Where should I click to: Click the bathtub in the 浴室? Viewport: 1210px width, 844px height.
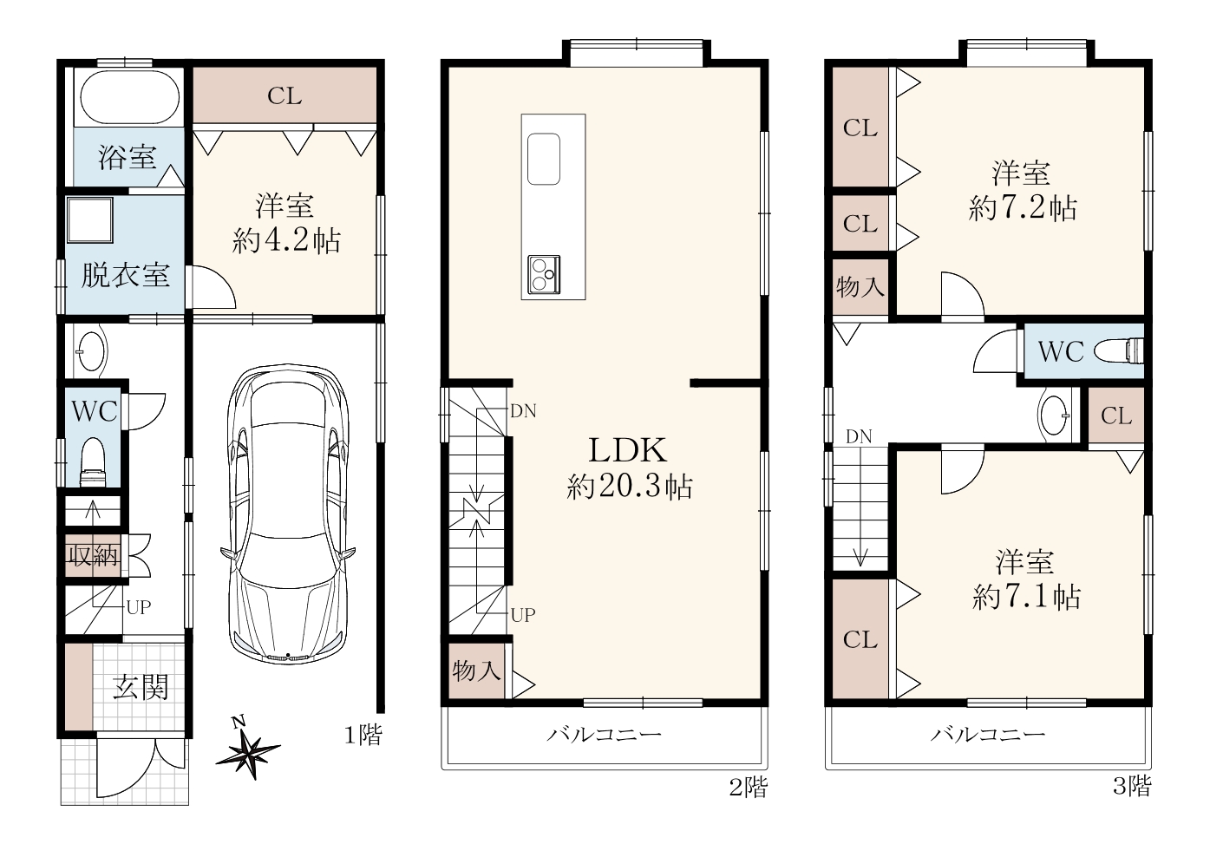click(x=129, y=98)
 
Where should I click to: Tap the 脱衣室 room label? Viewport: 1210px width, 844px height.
click(x=125, y=275)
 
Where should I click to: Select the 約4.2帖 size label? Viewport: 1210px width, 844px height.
click(x=285, y=240)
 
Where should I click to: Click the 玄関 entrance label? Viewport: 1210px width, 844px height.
click(x=141, y=687)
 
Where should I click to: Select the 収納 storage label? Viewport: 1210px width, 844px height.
click(x=92, y=555)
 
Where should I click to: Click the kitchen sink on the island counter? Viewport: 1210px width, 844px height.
click(x=544, y=159)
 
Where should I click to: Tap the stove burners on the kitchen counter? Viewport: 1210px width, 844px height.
click(x=544, y=274)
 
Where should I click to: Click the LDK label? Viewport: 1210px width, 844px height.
click(x=627, y=450)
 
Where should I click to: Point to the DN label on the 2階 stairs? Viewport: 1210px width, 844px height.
click(x=523, y=411)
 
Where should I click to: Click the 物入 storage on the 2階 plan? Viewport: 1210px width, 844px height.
click(x=476, y=671)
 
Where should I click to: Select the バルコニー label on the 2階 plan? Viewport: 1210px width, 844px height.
click(x=604, y=735)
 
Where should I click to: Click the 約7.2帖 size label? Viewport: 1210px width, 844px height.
click(x=1023, y=208)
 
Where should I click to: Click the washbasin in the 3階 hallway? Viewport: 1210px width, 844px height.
click(x=1053, y=415)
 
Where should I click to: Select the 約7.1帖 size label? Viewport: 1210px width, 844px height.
click(x=1026, y=598)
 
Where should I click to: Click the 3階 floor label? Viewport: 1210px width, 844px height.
click(x=1132, y=786)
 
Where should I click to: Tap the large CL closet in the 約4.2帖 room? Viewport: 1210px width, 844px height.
click(x=285, y=95)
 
